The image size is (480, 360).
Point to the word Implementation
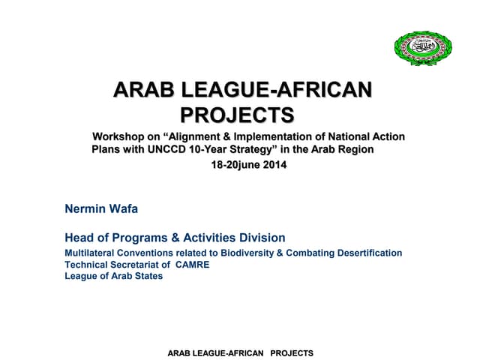tap(288, 136)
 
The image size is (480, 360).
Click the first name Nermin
tap(84, 209)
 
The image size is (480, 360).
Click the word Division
tap(259, 238)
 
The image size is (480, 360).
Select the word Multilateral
tap(91, 253)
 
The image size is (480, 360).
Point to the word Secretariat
tap(139, 265)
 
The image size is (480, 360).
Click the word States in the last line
tap(148, 276)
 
